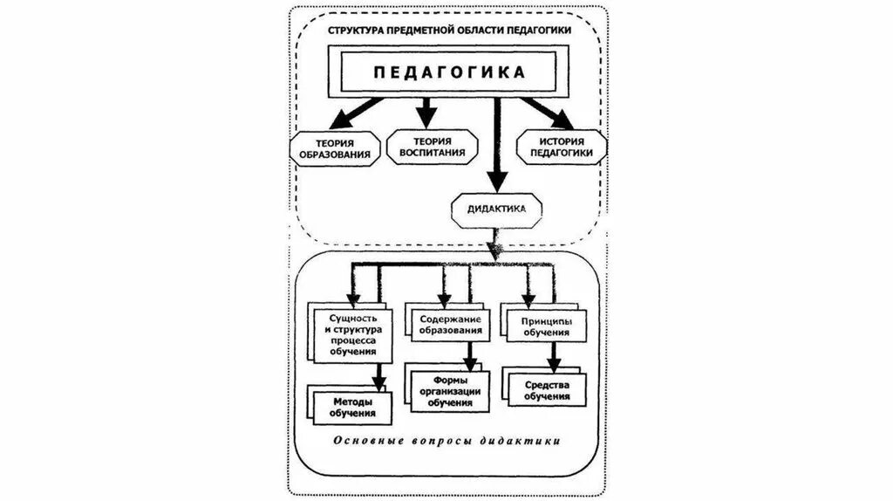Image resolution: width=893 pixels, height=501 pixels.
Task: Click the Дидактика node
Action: (495, 209)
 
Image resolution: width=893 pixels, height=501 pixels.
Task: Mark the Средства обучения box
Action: (549, 390)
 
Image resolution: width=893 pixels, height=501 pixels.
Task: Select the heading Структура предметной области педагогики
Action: (449, 31)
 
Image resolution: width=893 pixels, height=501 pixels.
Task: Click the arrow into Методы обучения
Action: (379, 374)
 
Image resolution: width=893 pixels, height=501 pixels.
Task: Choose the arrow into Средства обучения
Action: (552, 356)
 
